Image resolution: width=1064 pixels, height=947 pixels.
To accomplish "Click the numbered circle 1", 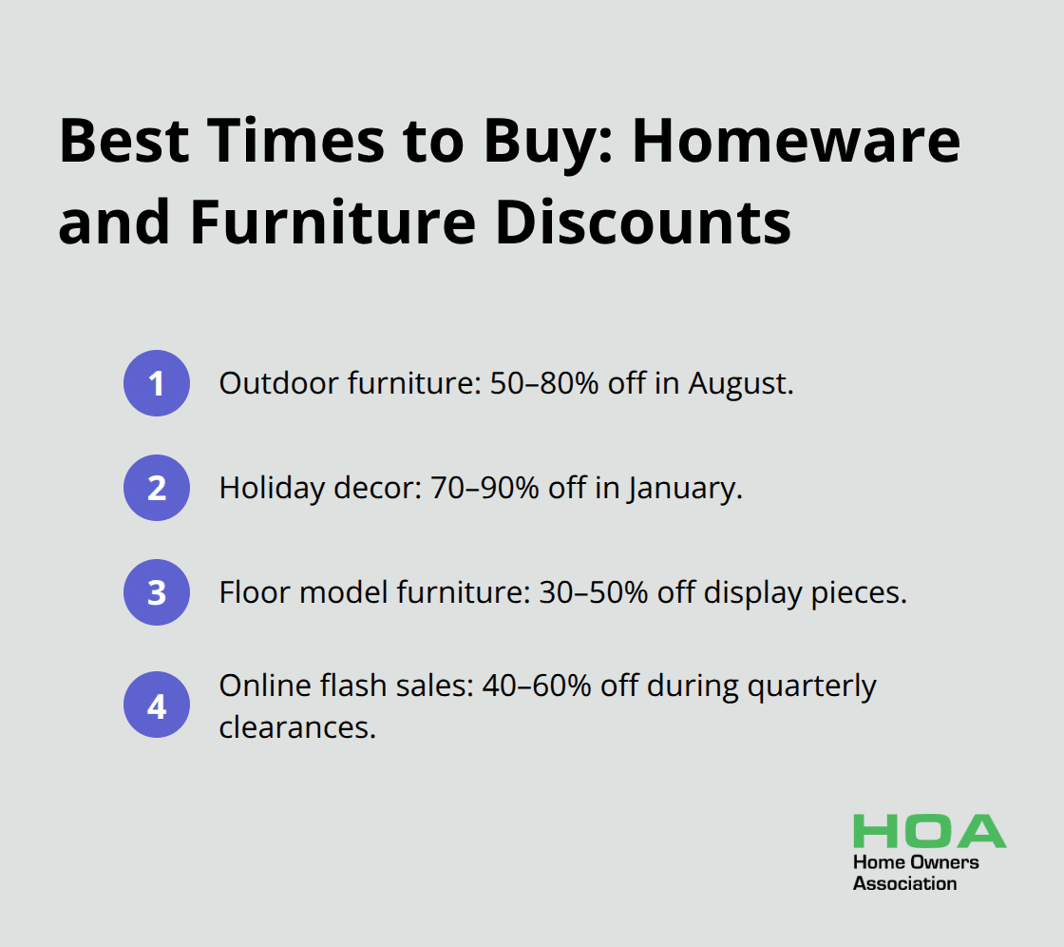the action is tap(157, 383).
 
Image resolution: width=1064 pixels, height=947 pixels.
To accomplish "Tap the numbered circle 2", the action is tap(157, 488).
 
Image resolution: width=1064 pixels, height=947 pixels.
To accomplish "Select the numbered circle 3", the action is tap(157, 592).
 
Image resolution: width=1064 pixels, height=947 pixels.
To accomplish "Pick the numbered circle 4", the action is tap(157, 705).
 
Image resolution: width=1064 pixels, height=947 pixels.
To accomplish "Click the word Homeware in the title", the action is tap(797, 142).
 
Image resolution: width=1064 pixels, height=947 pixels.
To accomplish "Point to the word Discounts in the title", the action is tap(643, 222).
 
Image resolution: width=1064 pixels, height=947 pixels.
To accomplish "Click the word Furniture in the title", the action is tap(333, 222).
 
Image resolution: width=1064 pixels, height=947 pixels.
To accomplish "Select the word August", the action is tap(741, 384).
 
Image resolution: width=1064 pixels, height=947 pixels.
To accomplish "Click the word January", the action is tap(685, 489).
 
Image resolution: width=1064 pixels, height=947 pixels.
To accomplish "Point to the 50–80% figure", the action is tap(544, 383).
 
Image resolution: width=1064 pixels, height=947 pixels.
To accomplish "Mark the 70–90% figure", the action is tap(485, 488).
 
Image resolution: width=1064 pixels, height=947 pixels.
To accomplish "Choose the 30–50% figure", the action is tap(594, 592).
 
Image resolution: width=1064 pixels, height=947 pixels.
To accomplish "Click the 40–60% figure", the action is tap(537, 686).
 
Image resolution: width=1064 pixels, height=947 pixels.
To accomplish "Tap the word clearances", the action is tap(297, 727).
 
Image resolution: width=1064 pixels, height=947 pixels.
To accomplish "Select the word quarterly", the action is tap(811, 686).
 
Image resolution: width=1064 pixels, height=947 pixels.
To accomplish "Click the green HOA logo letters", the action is tap(930, 831).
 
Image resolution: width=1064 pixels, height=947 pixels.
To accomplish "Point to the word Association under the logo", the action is tap(904, 884).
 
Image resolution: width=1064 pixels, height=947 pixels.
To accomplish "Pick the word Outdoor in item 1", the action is tap(278, 383).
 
